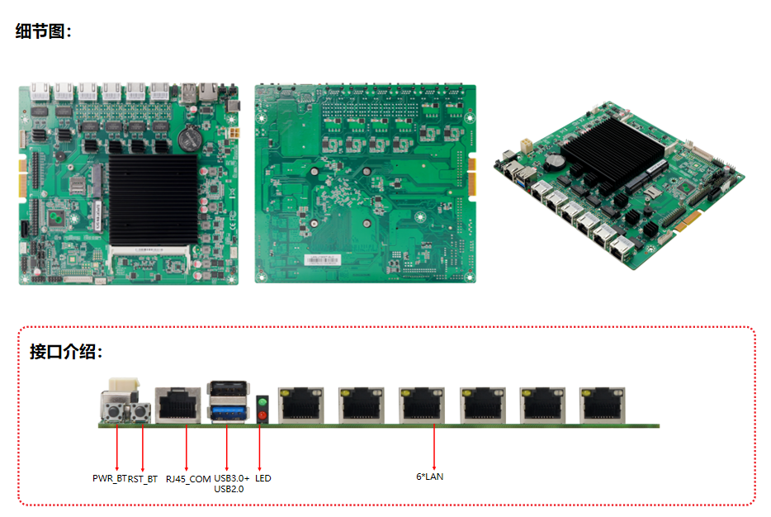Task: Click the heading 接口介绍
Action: pyautogui.click(x=66, y=352)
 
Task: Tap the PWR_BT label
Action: pyautogui.click(x=109, y=478)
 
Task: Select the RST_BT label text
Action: pyautogui.click(x=143, y=478)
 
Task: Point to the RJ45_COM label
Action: pyautogui.click(x=188, y=478)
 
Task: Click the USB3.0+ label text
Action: pyautogui.click(x=231, y=478)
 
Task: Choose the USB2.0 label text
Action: pyautogui.click(x=229, y=489)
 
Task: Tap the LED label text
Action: pyautogui.click(x=263, y=478)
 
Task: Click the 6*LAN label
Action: pyautogui.click(x=429, y=477)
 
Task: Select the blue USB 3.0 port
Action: pyautogui.click(x=229, y=411)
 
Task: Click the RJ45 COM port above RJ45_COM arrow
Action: pyautogui.click(x=180, y=406)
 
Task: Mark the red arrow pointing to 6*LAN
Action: pyautogui.click(x=435, y=446)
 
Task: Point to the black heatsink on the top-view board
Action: pyautogui.click(x=154, y=198)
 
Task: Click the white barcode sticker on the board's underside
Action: pyautogui.click(x=322, y=260)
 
